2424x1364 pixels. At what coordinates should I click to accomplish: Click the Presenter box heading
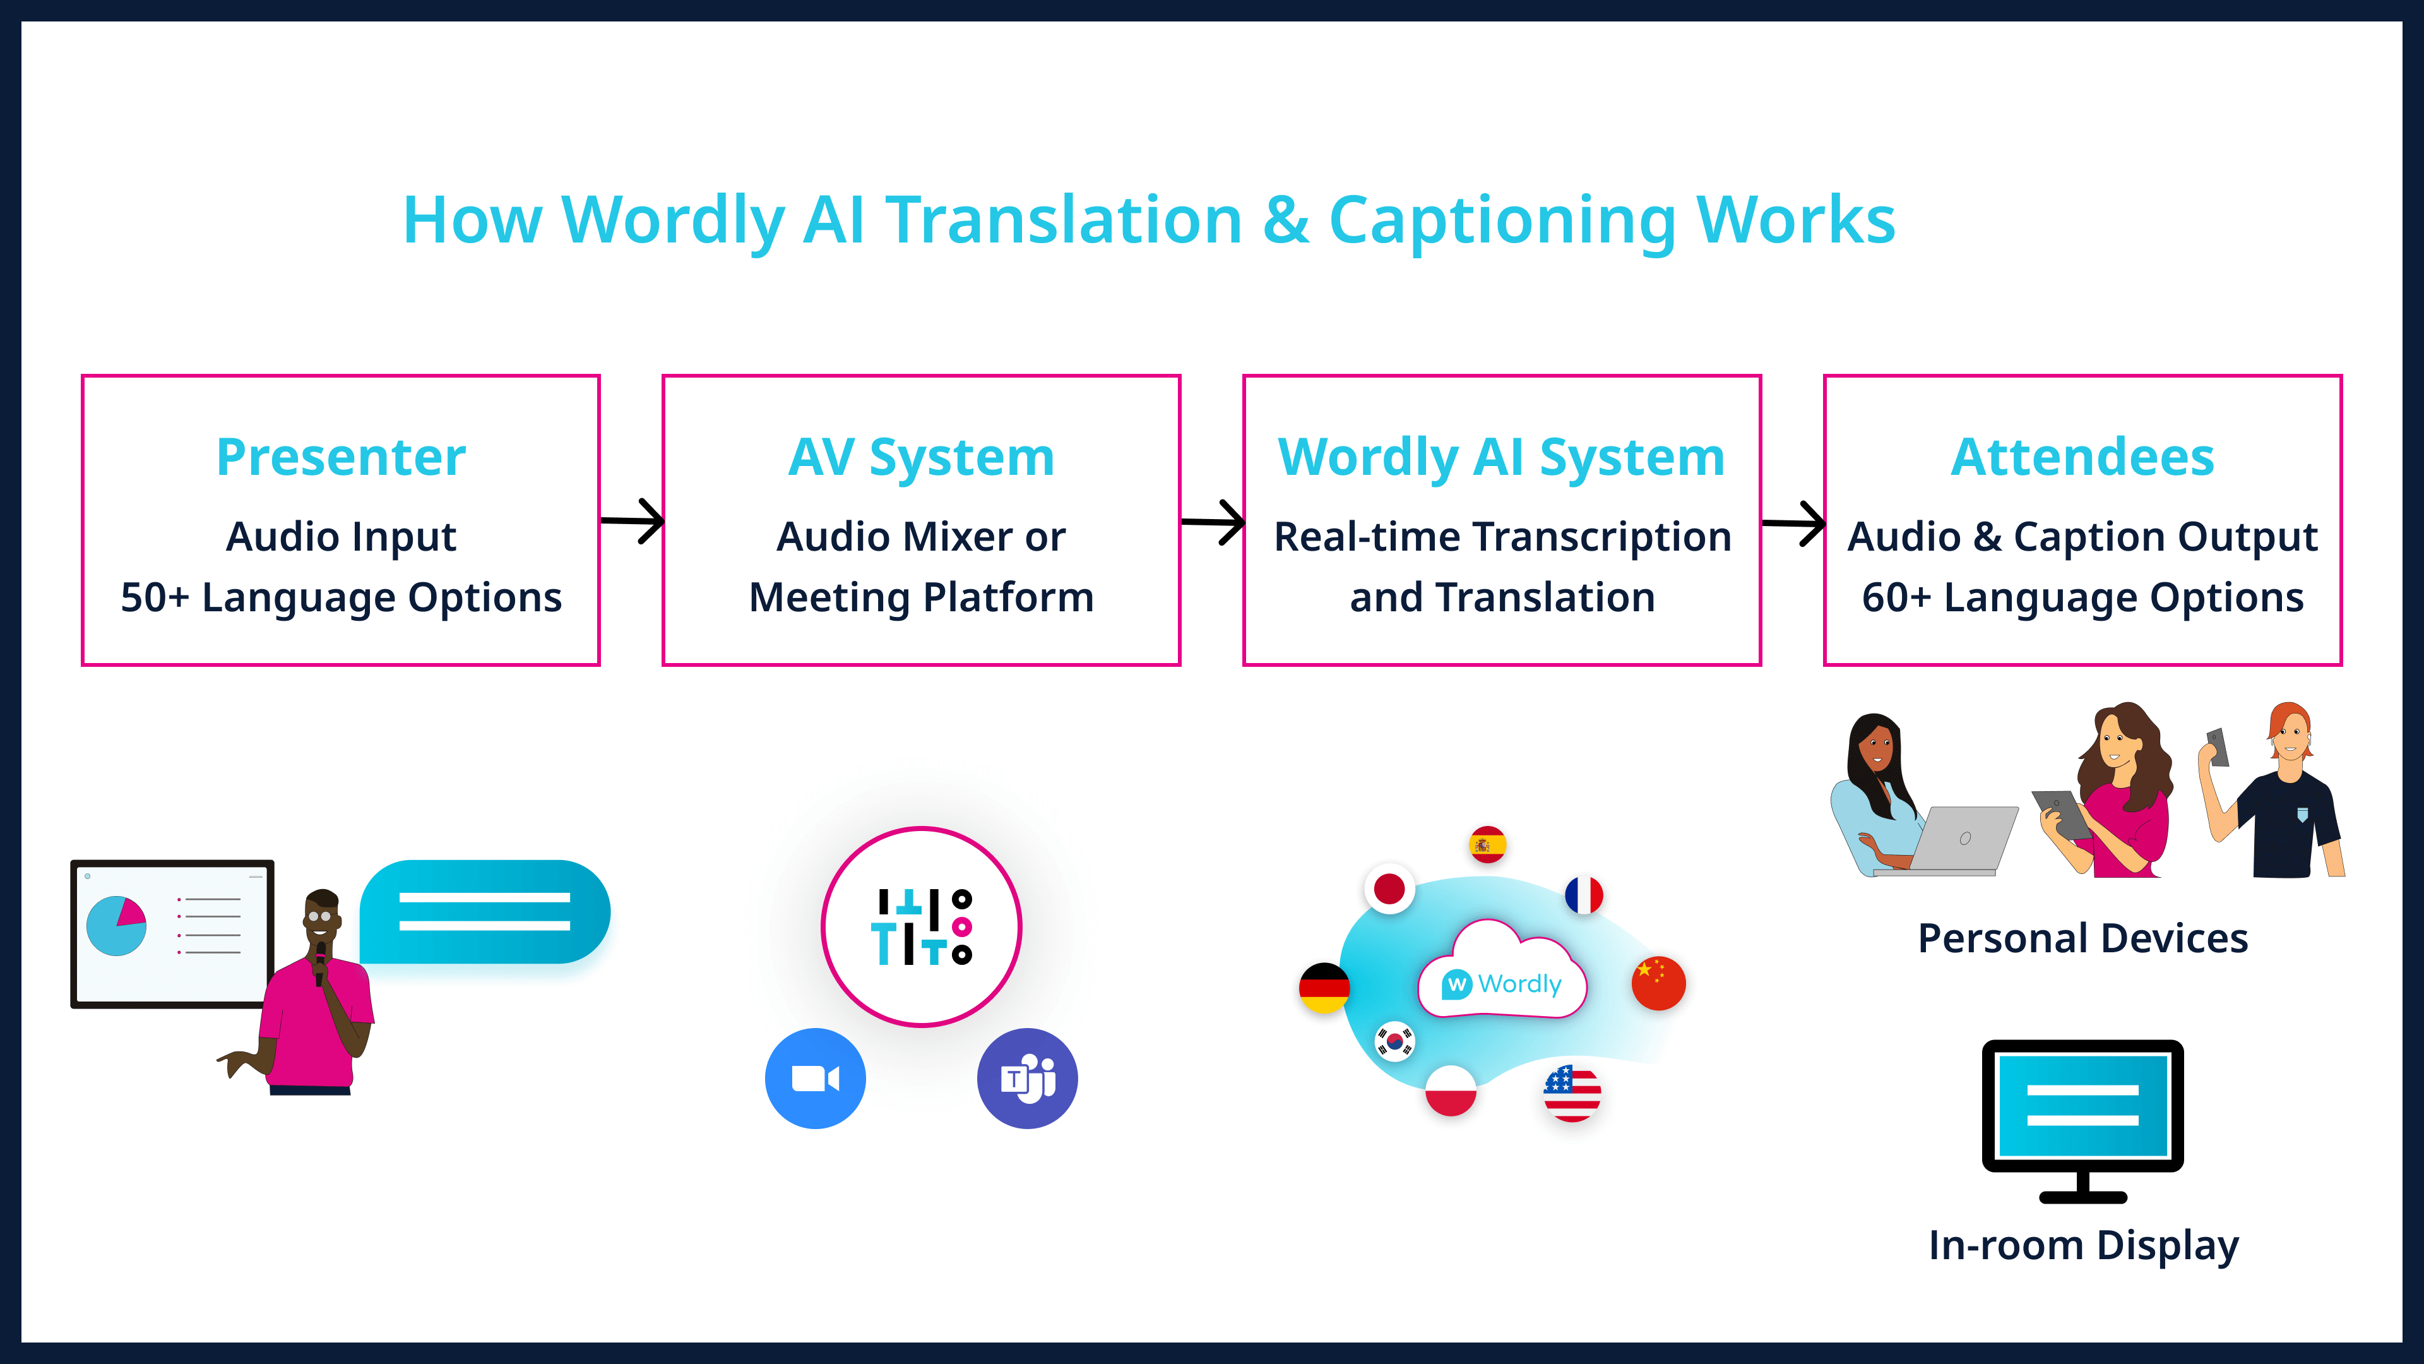pyautogui.click(x=341, y=457)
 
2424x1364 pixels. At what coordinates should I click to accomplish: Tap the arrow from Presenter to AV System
pyautogui.click(x=633, y=520)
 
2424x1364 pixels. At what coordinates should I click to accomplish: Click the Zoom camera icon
pyautogui.click(x=815, y=1079)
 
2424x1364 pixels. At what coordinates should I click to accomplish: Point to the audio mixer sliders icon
pyautogui.click(x=921, y=927)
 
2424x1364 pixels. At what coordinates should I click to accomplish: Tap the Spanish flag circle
pyautogui.click(x=1487, y=844)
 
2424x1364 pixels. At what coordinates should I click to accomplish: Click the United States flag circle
pyautogui.click(x=1571, y=1094)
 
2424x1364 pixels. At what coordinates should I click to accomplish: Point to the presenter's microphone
pyautogui.click(x=320, y=960)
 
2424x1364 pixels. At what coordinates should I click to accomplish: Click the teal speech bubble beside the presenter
pyautogui.click(x=485, y=911)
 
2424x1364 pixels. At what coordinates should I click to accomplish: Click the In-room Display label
pyautogui.click(x=2083, y=1245)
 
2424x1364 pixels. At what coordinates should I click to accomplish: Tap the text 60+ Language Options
pyautogui.click(x=2082, y=598)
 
